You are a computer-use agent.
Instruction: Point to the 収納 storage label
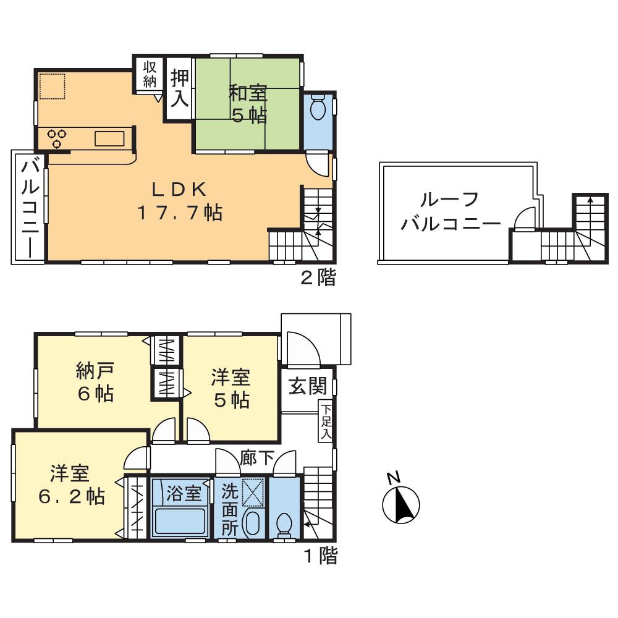pos(150,74)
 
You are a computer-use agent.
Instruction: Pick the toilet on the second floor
pos(318,109)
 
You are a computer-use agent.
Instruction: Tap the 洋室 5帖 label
pos(231,387)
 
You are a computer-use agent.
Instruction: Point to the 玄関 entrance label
pos(307,387)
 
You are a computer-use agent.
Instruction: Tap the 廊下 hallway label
pos(257,459)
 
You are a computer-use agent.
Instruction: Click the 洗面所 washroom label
pos(229,510)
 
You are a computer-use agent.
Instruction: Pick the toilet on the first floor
pos(285,523)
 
